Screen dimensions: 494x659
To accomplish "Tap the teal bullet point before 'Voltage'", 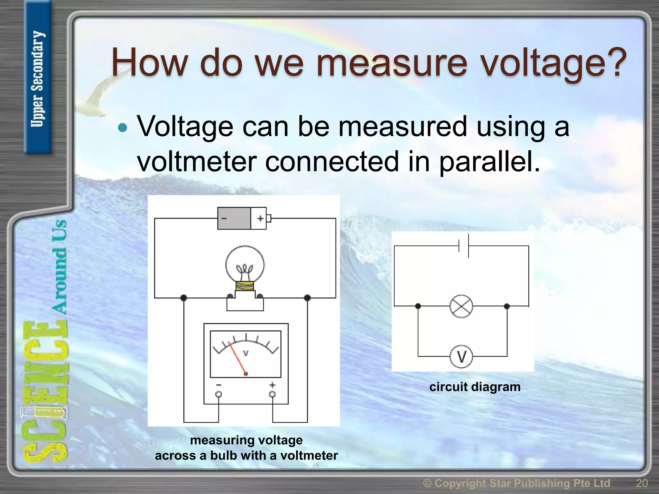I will tap(123, 128).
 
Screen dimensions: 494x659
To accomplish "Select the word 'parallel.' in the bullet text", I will tap(489, 161).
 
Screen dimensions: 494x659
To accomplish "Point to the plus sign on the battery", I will tap(260, 219).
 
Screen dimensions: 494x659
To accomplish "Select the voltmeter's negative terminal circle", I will tap(218, 394).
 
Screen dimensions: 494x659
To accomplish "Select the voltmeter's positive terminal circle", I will tap(273, 394).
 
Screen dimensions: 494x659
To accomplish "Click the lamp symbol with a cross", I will tap(461, 306).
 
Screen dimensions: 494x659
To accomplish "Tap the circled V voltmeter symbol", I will tap(461, 357).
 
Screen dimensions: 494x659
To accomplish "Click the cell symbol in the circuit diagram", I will tap(464, 246).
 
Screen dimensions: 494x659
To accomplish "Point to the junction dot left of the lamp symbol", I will tap(418, 306).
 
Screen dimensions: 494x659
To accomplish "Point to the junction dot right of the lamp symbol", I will tap(507, 306).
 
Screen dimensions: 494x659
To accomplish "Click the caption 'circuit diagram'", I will tap(475, 387).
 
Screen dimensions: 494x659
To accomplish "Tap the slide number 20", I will tap(642, 483).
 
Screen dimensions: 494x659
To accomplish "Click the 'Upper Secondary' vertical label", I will tap(37, 79).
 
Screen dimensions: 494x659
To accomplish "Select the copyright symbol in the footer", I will tap(427, 483).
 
